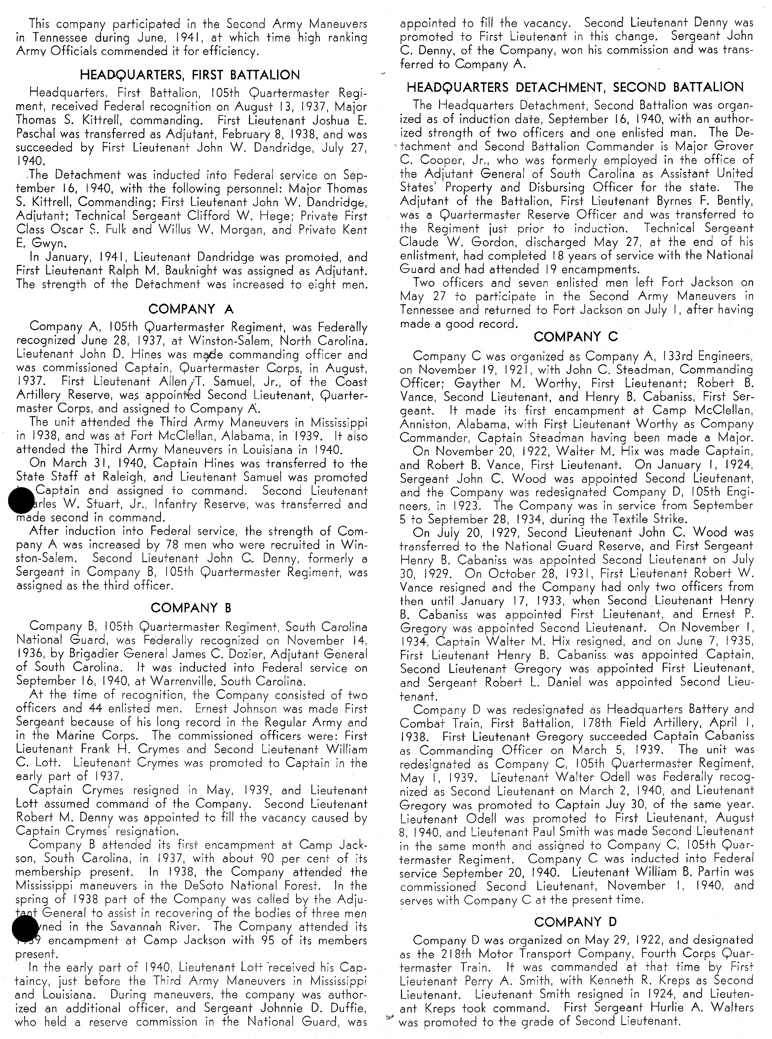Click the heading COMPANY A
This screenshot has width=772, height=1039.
pyautogui.click(x=191, y=309)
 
